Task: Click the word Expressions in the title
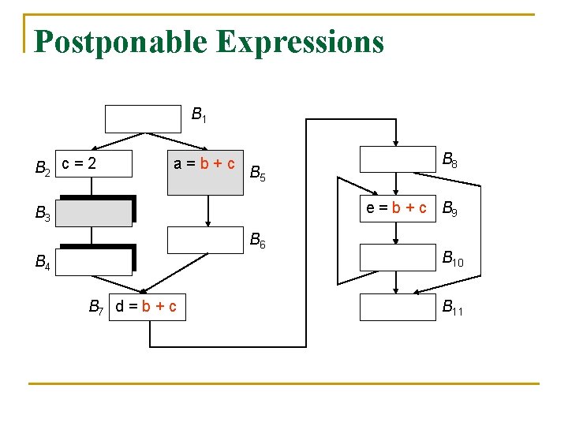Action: point(300,42)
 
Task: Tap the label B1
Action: point(200,116)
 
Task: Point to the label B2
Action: point(43,167)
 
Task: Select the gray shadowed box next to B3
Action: point(95,212)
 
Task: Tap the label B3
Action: point(43,213)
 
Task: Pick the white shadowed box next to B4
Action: point(95,261)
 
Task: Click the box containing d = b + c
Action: point(146,306)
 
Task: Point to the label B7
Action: point(96,306)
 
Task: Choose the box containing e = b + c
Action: point(398,208)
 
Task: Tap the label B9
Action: point(450,210)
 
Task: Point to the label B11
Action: point(453,308)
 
